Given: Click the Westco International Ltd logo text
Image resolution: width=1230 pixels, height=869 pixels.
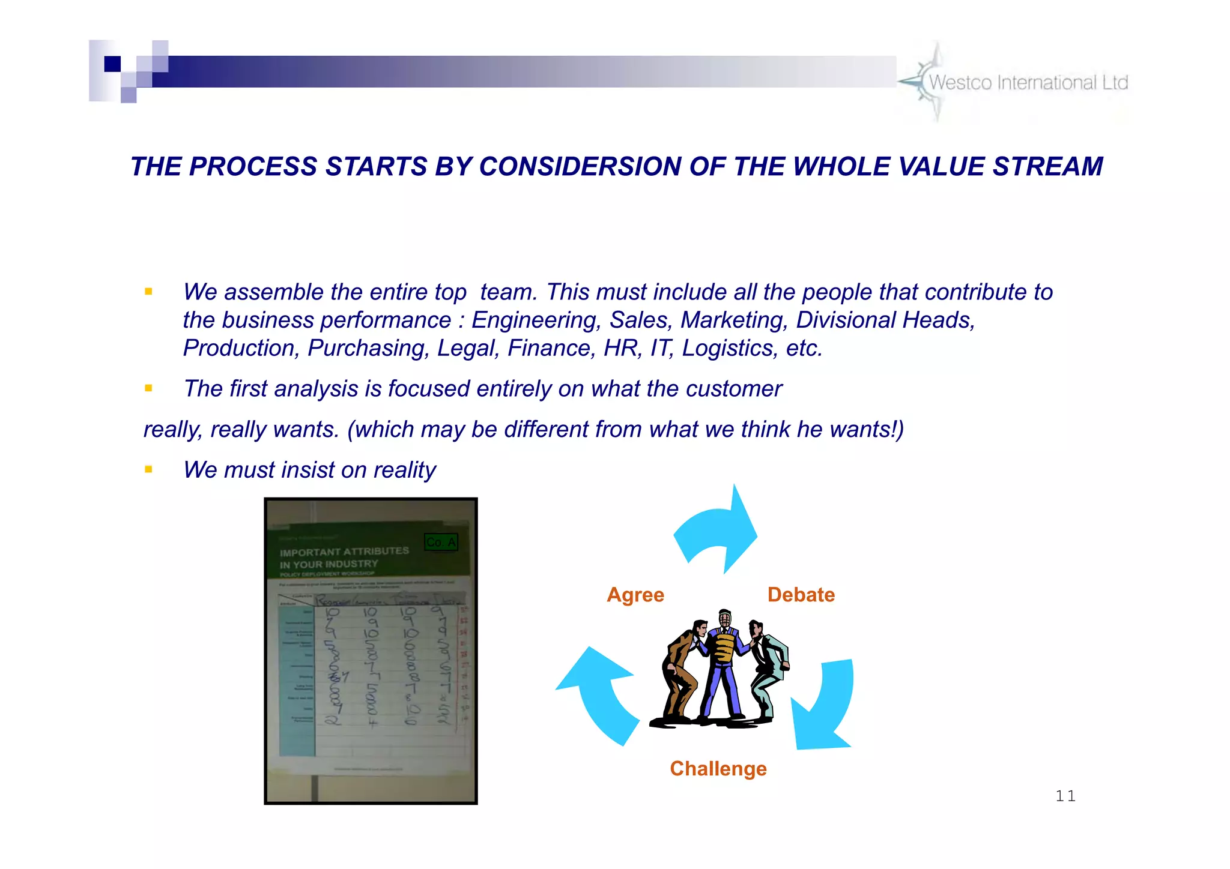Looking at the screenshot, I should [x=1028, y=83].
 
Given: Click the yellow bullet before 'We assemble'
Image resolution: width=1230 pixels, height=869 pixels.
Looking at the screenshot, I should [x=148, y=292].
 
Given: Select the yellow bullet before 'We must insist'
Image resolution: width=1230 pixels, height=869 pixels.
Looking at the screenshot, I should [x=148, y=469].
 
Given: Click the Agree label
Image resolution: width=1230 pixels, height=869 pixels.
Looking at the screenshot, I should [x=635, y=595].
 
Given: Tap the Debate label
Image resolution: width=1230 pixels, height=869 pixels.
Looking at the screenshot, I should [x=801, y=595].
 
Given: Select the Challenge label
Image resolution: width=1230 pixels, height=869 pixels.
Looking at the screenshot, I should [x=718, y=769].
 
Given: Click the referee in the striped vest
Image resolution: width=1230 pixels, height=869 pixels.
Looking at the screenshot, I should [x=724, y=660].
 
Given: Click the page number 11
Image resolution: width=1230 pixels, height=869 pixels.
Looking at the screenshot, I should [x=1065, y=796].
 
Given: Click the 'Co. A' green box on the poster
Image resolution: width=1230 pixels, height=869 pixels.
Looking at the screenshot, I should [x=441, y=543].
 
